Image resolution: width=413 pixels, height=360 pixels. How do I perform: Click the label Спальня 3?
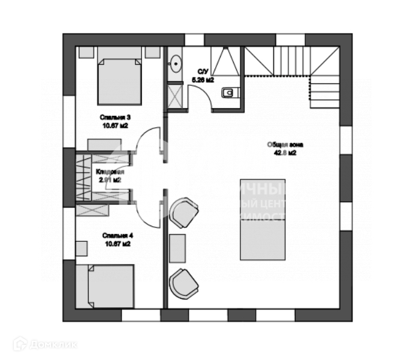(x=116, y=117)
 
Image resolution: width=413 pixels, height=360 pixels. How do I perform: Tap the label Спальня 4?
(x=116, y=236)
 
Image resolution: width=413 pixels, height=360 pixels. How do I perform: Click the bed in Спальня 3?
(x=120, y=80)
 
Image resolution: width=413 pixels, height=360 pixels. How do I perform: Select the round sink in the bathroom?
(x=176, y=62)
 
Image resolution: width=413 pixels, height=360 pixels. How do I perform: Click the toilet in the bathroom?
(x=230, y=92)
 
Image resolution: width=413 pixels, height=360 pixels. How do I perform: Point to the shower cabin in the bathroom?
(x=227, y=62)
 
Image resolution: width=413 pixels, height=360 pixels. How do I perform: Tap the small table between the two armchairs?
(x=177, y=248)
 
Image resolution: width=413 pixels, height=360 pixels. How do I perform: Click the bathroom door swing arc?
(x=200, y=96)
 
